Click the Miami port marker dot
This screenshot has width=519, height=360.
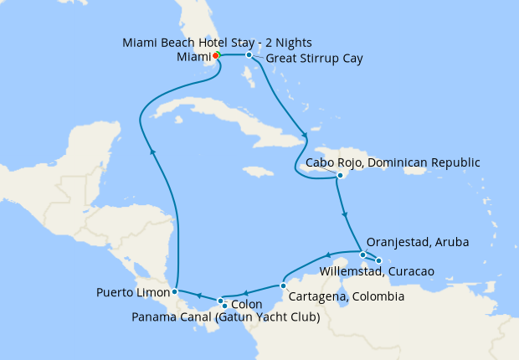(x=215, y=55)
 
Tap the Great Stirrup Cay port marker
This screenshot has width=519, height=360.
(x=249, y=55)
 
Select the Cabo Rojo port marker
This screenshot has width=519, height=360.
(x=340, y=176)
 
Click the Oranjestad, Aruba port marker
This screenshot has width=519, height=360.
(x=362, y=255)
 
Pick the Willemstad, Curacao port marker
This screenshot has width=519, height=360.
(x=378, y=260)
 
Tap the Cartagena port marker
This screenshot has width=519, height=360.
(x=284, y=285)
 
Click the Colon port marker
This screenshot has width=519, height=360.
(x=220, y=301)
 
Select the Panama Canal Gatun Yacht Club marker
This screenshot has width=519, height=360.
(x=225, y=306)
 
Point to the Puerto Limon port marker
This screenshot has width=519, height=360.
(x=174, y=291)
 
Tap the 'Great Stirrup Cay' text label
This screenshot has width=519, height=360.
(x=315, y=59)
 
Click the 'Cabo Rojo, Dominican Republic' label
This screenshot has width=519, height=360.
(x=393, y=162)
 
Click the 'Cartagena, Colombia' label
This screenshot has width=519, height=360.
(x=347, y=296)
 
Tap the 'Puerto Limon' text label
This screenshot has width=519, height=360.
(x=132, y=292)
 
